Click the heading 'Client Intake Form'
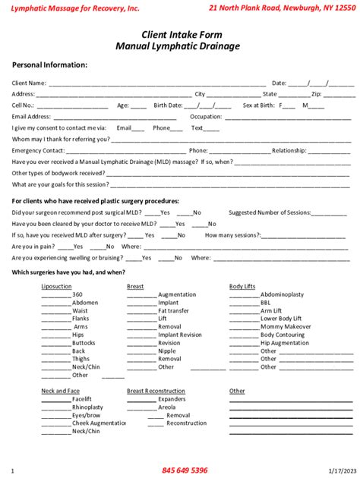pyautogui.click(x=179, y=35)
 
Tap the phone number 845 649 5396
pyautogui.click(x=185, y=470)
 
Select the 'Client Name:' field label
pyautogui.click(x=30, y=83)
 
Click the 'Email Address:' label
pyautogui.click(x=32, y=117)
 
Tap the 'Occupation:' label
pyautogui.click(x=206, y=117)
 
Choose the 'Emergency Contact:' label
pyautogui.click(x=37, y=150)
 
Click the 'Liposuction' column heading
pyautogui.click(x=56, y=286)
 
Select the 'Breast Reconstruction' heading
pyautogui.click(x=156, y=391)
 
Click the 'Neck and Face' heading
pyautogui.click(x=58, y=391)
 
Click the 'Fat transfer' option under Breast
pyautogui.click(x=174, y=311)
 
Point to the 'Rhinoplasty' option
pyautogui.click(x=87, y=407)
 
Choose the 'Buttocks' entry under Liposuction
pyautogui.click(x=84, y=343)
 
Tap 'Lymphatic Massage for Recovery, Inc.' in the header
pyautogui.click(x=70, y=8)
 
